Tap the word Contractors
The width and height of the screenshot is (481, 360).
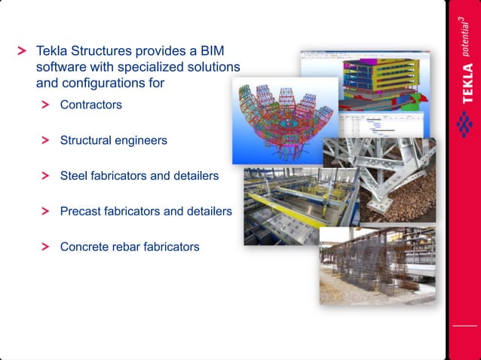(x=90, y=105)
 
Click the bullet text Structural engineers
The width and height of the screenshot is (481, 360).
(x=113, y=140)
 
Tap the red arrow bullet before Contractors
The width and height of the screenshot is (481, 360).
(x=46, y=105)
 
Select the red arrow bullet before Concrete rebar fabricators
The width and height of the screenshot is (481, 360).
(x=46, y=246)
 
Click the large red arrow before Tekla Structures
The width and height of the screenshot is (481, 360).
(x=22, y=52)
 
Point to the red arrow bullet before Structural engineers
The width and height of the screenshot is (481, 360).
(x=46, y=140)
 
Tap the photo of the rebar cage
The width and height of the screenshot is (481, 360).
(x=377, y=267)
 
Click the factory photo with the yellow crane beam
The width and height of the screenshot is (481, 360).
(x=298, y=207)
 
